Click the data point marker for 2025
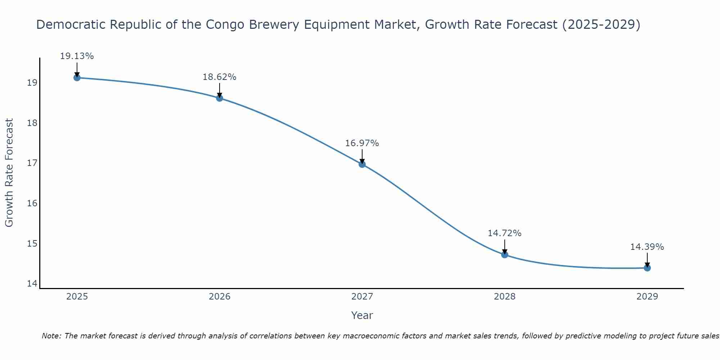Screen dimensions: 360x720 pyautogui.click(x=77, y=77)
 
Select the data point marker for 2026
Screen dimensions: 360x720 pyautogui.click(x=220, y=98)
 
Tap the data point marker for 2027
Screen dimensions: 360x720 pyautogui.click(x=362, y=164)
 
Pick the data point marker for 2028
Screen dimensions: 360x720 pyautogui.click(x=505, y=255)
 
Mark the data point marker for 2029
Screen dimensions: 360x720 pyautogui.click(x=647, y=268)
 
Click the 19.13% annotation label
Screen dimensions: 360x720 pyautogui.click(x=77, y=56)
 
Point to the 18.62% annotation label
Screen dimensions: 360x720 pyautogui.click(x=219, y=77)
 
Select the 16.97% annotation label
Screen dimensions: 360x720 pyautogui.click(x=362, y=143)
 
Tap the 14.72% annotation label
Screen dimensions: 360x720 pyautogui.click(x=504, y=233)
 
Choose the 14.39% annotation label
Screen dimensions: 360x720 pyautogui.click(x=647, y=247)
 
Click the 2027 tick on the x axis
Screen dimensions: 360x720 pyautogui.click(x=362, y=297)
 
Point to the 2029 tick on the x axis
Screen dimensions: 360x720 pyautogui.click(x=647, y=297)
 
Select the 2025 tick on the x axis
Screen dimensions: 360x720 pyautogui.click(x=77, y=297)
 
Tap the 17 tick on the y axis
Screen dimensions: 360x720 pyautogui.click(x=32, y=163)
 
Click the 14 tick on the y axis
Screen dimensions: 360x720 pyautogui.click(x=32, y=284)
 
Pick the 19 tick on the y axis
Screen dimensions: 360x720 pyautogui.click(x=32, y=83)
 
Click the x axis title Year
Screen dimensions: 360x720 pyautogui.click(x=362, y=315)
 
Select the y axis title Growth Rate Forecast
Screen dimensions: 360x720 pyautogui.click(x=9, y=173)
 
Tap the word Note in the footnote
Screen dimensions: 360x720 pyautogui.click(x=51, y=336)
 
